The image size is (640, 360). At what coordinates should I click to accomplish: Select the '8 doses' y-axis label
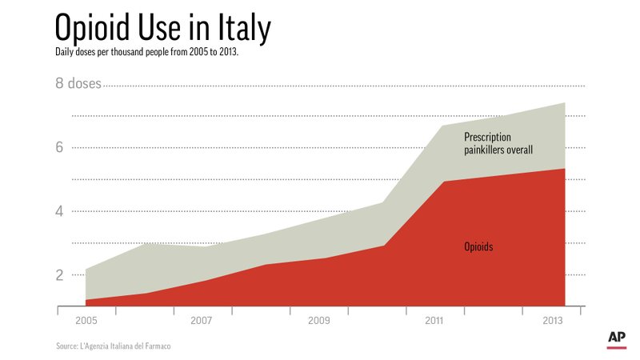tap(78, 83)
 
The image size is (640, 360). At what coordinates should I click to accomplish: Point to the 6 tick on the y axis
tap(59, 147)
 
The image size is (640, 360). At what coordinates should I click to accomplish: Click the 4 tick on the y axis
tap(59, 211)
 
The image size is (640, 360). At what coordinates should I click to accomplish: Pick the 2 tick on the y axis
tap(59, 275)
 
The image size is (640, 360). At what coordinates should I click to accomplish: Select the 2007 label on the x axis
tap(201, 321)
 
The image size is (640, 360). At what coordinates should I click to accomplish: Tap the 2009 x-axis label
tap(318, 321)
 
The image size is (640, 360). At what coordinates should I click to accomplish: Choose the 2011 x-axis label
tap(435, 321)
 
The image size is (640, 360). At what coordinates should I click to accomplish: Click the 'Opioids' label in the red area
tap(478, 246)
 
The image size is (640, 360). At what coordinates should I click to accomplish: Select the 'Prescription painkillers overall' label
tap(498, 143)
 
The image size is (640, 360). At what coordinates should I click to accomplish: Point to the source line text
tap(114, 346)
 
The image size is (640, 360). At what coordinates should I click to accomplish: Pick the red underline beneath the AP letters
tap(616, 348)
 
